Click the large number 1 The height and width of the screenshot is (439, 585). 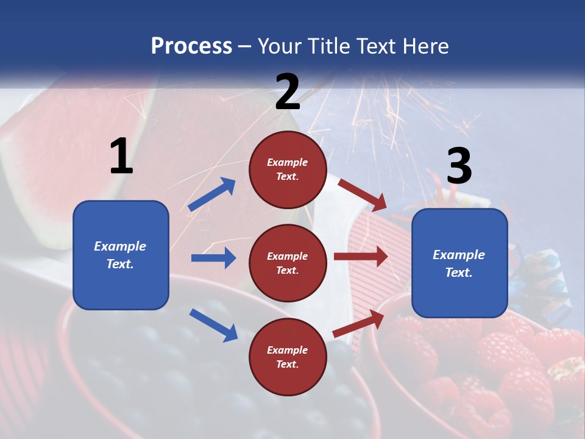(121, 156)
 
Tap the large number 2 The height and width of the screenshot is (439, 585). (288, 92)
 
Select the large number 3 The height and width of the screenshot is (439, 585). (459, 166)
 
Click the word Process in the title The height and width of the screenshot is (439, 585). (191, 46)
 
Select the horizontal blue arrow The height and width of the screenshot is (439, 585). (213, 258)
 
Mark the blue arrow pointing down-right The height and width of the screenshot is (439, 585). (214, 325)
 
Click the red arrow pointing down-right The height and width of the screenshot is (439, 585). (363, 195)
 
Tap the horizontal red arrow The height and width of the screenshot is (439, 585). (361, 256)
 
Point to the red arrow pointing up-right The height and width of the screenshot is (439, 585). (359, 324)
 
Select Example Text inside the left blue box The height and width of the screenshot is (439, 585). (120, 255)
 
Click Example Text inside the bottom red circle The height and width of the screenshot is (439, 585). (287, 357)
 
